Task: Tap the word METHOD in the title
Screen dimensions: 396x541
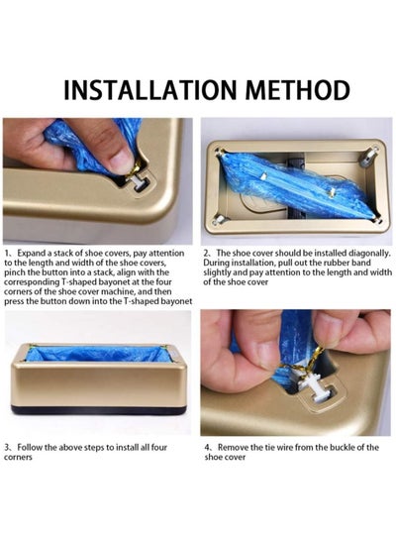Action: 298,90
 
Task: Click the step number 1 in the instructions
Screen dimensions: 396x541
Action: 7,254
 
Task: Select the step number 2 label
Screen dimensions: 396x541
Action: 206,254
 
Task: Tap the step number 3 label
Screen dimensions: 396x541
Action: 8,448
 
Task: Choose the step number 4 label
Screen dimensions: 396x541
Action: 208,448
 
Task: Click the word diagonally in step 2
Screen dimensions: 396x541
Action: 369,254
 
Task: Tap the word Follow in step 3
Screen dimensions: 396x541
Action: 30,448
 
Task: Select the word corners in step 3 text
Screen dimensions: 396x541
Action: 18,458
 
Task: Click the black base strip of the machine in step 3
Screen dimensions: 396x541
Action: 99,410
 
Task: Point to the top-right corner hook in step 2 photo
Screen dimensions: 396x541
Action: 368,156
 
